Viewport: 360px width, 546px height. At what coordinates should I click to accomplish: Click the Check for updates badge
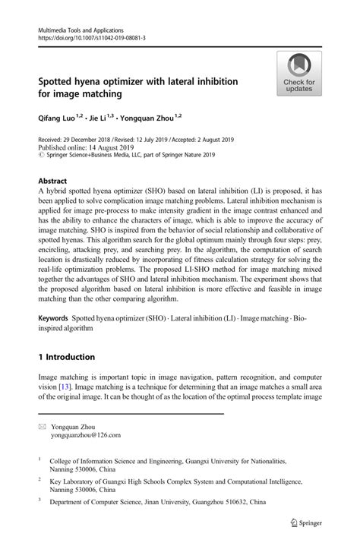298,74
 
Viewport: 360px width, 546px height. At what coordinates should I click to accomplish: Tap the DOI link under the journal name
91,36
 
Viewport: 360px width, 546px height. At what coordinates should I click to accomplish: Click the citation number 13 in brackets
65,387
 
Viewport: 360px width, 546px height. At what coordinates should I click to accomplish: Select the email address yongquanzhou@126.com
85,436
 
